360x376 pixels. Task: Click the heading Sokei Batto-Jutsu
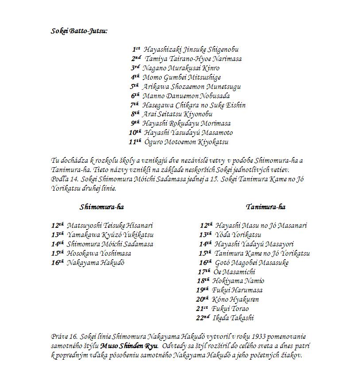point(79,31)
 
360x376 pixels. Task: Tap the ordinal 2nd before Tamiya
point(136,59)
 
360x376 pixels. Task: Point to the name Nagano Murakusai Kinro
point(181,68)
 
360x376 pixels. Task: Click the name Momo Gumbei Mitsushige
point(182,77)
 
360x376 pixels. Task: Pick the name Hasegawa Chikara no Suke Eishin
point(194,105)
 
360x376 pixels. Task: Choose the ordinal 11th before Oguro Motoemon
point(135,142)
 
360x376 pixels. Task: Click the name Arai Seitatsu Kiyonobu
point(177,114)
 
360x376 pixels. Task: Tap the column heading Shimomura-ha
point(101,207)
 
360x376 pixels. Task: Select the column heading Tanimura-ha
point(266,207)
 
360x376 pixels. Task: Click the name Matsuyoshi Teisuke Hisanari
point(110,226)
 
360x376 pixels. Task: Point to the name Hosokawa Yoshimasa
point(99,253)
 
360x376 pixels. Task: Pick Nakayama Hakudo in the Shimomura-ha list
point(96,263)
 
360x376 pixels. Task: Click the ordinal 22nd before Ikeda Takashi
point(202,318)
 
